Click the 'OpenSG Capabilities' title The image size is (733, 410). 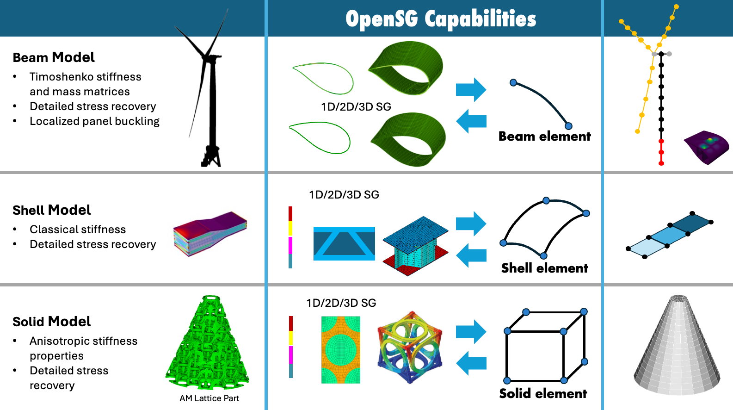[440, 19]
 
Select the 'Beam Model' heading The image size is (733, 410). [54, 57]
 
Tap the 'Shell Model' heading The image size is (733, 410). [51, 210]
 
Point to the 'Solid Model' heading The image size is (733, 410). [51, 322]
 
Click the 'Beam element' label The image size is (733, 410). [544, 137]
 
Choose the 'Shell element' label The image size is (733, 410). [544, 268]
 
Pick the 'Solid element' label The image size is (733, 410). [543, 394]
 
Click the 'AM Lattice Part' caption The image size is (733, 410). [209, 398]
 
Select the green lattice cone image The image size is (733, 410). [208, 345]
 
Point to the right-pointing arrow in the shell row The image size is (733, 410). [471, 224]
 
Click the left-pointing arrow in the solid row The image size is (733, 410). [471, 363]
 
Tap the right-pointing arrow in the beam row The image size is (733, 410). [471, 89]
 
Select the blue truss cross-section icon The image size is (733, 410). [344, 243]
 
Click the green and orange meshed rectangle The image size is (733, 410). [340, 350]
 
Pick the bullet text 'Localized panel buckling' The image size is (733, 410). [94, 121]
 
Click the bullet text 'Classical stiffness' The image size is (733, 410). [78, 230]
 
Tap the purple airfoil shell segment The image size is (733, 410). [706, 147]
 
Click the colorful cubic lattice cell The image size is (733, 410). [410, 347]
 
